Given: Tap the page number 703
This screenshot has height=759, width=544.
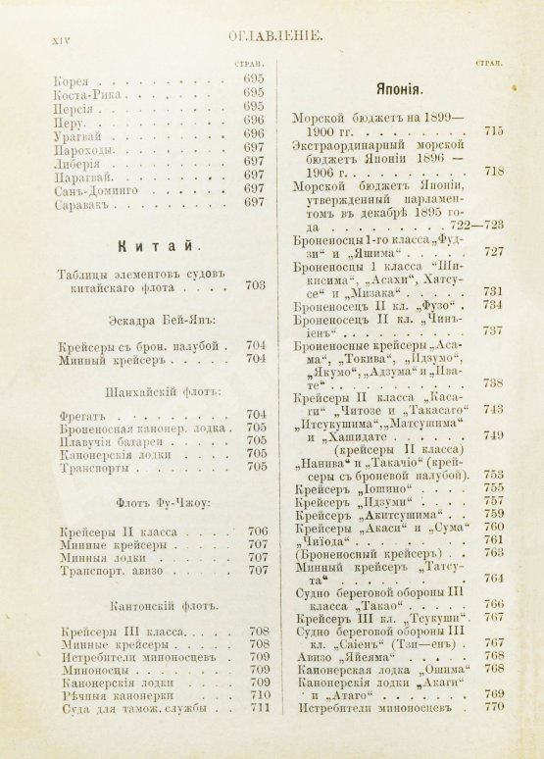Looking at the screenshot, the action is pos(256,286).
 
